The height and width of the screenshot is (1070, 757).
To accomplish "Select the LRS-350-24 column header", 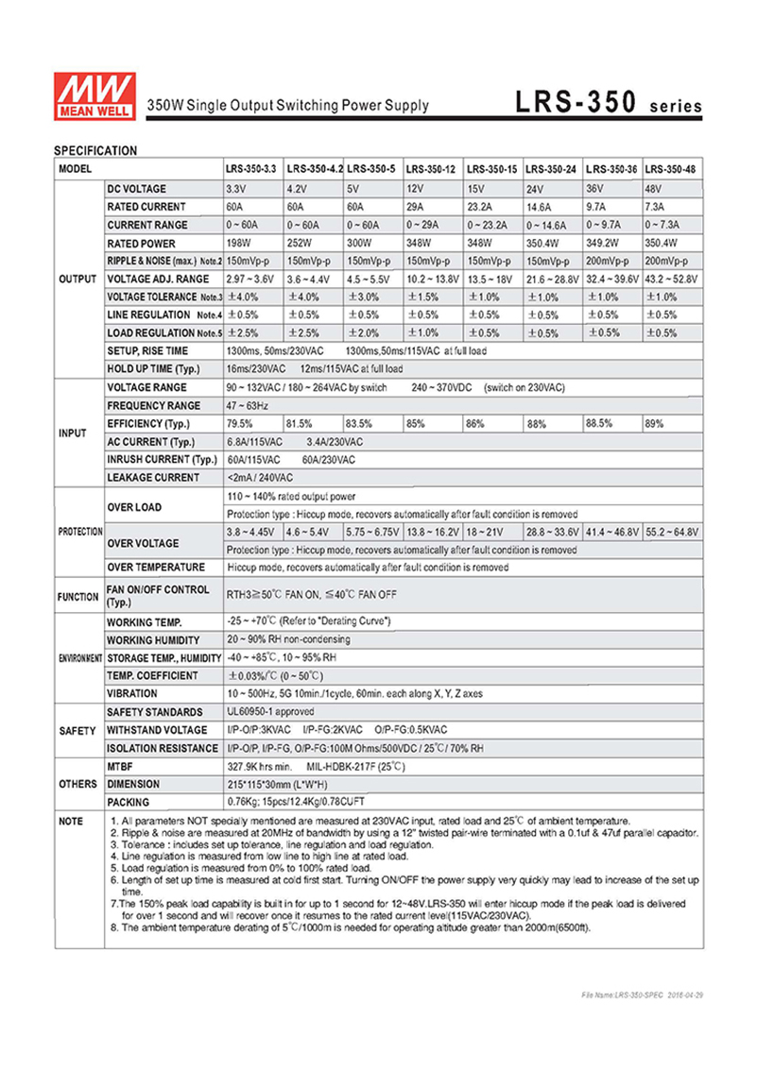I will [x=551, y=167].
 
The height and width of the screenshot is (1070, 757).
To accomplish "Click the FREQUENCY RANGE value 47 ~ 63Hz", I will [x=247, y=405].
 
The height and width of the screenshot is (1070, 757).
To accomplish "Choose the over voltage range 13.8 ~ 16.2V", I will [x=432, y=532].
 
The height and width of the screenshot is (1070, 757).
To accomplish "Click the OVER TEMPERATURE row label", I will [x=156, y=568].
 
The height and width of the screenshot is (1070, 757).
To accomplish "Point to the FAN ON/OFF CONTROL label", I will [x=158, y=596].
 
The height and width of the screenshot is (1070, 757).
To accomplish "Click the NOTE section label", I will [x=72, y=822].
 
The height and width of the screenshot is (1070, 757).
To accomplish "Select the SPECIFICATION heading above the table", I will [x=95, y=150].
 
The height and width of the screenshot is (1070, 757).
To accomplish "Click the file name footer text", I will [x=643, y=995].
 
